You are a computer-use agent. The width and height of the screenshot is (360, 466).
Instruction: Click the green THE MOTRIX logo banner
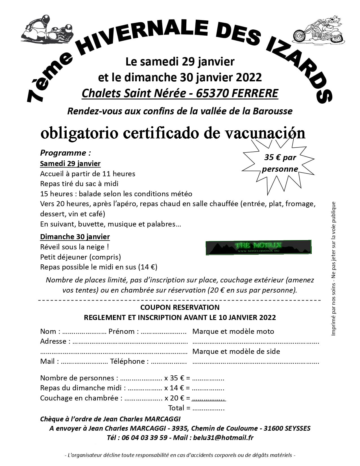click(258, 247)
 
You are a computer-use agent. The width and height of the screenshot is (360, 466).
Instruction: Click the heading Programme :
click(66, 153)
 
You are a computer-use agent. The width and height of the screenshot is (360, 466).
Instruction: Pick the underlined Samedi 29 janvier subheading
click(70, 163)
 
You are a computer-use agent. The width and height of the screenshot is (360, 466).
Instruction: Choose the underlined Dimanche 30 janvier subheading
click(75, 236)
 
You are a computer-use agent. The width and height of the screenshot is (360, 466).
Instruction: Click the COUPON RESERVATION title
click(180, 307)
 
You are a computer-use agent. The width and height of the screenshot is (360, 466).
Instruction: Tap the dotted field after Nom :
click(84, 332)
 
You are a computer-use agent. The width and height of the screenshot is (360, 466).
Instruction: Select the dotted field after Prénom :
click(163, 332)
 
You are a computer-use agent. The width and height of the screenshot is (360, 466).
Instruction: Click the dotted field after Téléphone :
click(169, 362)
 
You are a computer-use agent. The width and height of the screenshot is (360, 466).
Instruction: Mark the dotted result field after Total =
click(208, 408)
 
